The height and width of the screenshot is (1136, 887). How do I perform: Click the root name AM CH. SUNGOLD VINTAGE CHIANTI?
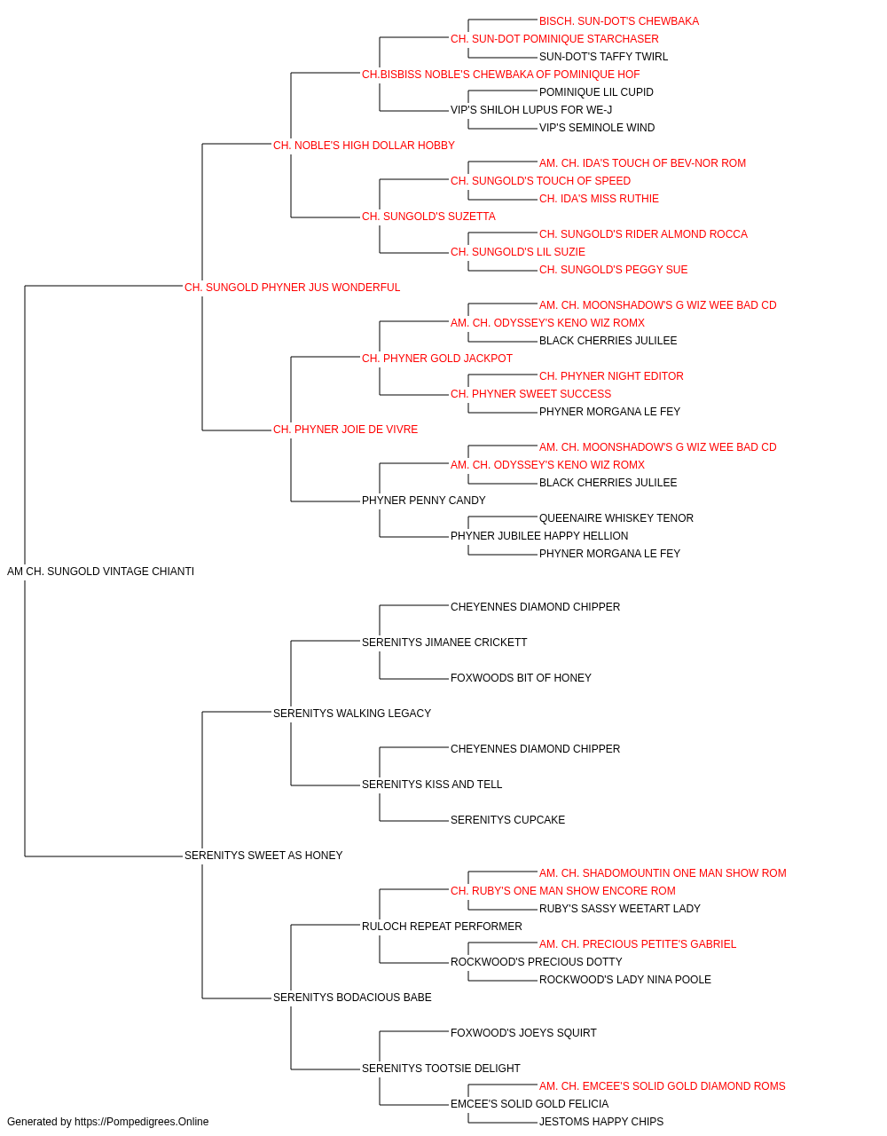coord(100,572)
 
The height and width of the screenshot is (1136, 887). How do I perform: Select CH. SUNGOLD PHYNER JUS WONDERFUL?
coord(292,288)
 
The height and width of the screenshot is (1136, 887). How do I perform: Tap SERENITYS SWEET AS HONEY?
coord(263,856)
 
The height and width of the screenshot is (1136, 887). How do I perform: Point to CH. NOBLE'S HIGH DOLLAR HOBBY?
coord(364,146)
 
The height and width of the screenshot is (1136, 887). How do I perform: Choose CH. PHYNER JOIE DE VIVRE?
coord(345,430)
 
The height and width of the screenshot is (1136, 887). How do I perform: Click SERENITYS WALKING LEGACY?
coord(352,713)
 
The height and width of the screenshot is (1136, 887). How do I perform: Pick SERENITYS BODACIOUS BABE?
coord(352,997)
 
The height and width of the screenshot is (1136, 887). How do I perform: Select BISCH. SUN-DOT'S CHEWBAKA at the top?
coord(619,21)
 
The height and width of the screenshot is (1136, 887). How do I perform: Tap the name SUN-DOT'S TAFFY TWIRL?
coord(603,57)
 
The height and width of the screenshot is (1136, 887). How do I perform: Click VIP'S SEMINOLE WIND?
coord(597,128)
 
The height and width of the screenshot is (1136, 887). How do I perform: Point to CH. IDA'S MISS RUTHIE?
coord(599,199)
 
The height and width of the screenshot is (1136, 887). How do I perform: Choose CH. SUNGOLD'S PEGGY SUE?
coord(613,270)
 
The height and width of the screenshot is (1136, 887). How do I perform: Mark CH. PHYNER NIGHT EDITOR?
coord(611,376)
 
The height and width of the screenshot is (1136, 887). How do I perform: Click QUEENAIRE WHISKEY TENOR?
coord(616,518)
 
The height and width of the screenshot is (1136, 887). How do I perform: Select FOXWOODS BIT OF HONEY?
coord(521,677)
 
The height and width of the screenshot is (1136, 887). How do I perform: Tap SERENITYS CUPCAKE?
coord(507,820)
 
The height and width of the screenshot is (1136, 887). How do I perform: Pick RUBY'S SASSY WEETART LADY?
coord(619,909)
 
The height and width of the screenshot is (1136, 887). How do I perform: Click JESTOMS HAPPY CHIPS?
coord(601,1122)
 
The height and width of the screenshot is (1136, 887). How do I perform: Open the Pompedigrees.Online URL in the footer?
coord(141,1122)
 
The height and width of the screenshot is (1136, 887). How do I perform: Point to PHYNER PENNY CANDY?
coord(424,501)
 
